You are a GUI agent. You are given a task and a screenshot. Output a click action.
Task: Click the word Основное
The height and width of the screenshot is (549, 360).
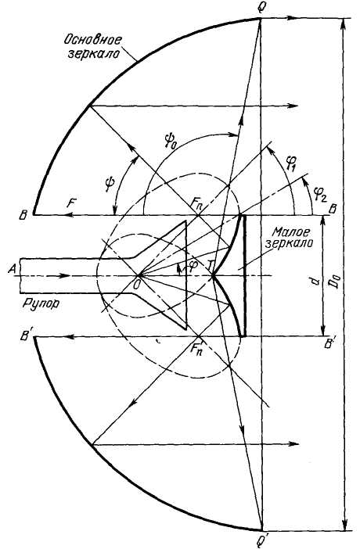(92, 40)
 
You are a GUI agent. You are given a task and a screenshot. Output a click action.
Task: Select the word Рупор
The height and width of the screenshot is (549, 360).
(41, 303)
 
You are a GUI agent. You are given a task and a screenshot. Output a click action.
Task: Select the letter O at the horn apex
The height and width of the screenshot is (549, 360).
(137, 285)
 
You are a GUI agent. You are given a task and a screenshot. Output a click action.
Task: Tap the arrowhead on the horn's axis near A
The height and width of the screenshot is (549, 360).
(65, 275)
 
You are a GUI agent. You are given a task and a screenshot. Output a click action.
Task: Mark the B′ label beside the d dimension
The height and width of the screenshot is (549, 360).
(330, 344)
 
